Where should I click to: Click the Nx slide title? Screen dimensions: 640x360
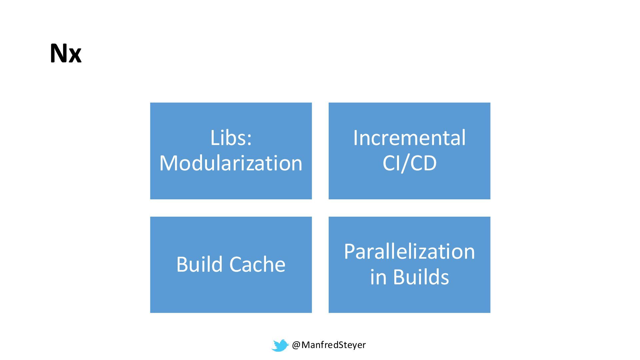tap(66, 53)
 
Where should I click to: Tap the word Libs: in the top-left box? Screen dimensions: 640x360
tap(231, 138)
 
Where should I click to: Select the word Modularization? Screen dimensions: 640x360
tap(231, 163)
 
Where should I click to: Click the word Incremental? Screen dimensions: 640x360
tap(409, 138)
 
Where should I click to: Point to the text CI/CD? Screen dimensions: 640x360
tap(409, 163)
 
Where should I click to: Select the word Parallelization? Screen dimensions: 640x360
tap(409, 251)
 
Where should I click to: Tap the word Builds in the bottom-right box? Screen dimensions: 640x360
tap(421, 277)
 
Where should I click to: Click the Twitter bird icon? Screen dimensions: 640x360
tap(280, 345)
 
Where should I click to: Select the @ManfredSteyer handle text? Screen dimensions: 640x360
tap(329, 345)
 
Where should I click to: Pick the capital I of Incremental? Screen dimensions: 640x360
tap(356, 138)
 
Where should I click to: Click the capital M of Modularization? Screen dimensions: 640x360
tap(169, 163)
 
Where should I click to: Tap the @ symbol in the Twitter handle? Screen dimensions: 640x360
tap(296, 345)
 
